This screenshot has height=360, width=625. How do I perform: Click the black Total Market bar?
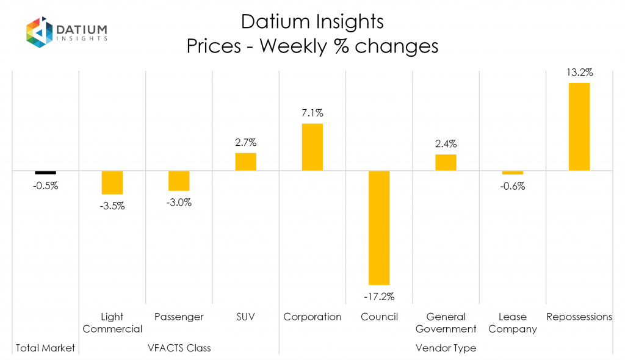pos(45,173)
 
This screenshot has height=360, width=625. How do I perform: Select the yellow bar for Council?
pos(379,228)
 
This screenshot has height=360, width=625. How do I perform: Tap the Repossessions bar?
pos(579,126)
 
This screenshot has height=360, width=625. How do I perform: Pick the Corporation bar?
pos(312,147)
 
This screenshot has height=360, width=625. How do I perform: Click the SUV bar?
pos(245,162)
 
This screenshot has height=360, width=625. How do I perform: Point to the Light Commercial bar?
pos(112,182)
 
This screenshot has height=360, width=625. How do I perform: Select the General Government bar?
pos(446,162)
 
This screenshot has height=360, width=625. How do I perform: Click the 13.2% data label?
pos(579,72)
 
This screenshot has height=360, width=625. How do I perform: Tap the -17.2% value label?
pos(379,297)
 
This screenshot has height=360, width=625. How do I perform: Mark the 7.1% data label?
pos(312,113)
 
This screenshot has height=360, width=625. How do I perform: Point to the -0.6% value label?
pos(512,186)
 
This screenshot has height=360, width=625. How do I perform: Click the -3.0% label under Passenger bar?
pos(179,203)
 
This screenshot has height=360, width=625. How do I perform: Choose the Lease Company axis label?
pos(512,323)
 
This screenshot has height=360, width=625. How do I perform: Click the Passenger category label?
pos(179,317)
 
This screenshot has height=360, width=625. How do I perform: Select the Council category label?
pos(379,317)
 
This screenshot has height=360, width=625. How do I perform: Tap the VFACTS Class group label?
pos(179,348)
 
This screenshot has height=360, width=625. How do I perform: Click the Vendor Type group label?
pos(446,348)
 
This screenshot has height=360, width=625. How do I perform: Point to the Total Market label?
pos(45,348)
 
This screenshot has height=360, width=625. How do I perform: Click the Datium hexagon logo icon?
pos(39,32)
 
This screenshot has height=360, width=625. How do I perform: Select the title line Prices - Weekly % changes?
pos(312,46)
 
